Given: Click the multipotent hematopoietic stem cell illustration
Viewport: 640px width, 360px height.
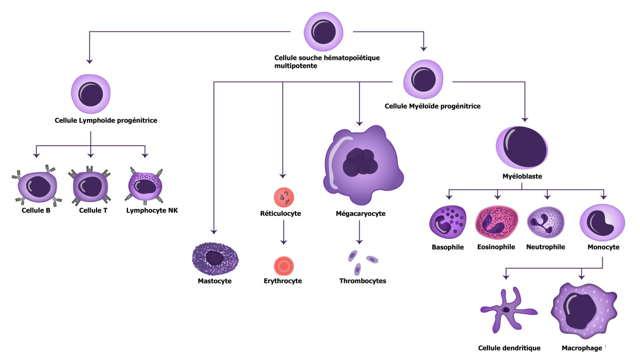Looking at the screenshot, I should coord(323,31).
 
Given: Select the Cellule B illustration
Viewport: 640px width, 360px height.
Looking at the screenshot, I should coord(36,186).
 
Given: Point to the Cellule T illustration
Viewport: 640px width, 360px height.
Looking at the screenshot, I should coord(90,186).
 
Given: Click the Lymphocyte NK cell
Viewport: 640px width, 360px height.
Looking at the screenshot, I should coord(145,185).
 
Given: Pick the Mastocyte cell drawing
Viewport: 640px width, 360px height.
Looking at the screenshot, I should coord(215,258).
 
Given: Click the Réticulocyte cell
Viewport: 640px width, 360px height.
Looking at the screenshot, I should coord(284,197).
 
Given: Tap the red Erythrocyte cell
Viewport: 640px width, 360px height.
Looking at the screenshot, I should coord(283,265).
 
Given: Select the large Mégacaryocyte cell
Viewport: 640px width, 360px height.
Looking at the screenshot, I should coord(361,164).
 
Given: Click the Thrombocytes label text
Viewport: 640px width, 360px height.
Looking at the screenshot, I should coord(362,281).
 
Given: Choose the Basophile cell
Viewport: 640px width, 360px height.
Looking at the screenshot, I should coord(448,222).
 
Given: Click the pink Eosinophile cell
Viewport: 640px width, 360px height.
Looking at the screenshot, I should coord(496,222).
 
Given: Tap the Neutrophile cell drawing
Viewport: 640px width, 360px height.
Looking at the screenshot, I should coord(545,222).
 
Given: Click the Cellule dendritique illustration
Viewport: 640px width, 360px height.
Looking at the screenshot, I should coord(504,311).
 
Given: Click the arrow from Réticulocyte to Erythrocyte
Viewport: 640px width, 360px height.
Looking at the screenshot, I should coord(284,231).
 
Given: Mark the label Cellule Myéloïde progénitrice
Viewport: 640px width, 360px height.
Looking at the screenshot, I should coord(433,106).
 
